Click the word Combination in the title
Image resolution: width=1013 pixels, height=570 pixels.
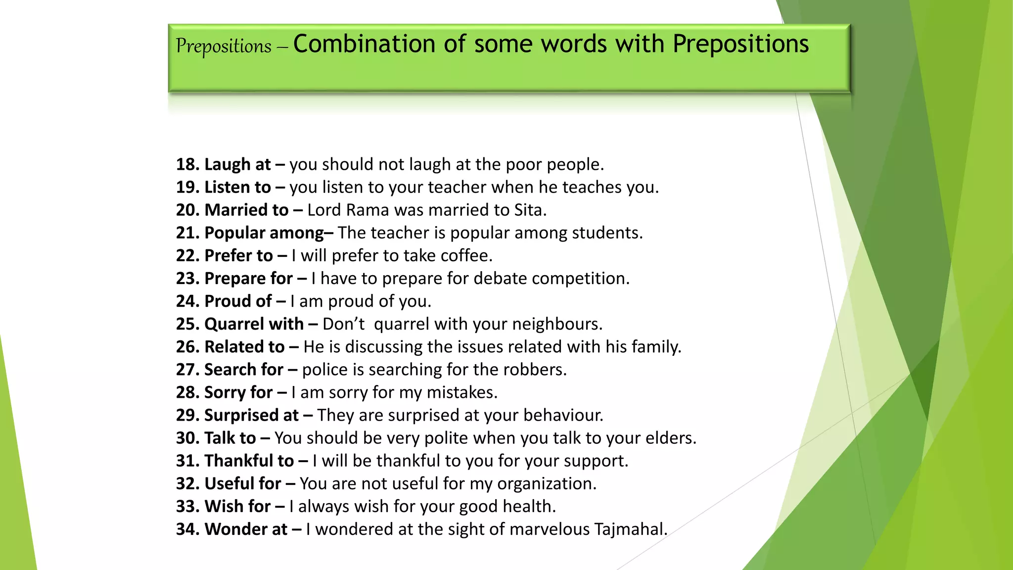(x=364, y=44)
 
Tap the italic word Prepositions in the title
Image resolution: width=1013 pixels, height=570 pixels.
(x=224, y=47)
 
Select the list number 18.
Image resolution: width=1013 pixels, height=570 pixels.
(x=186, y=164)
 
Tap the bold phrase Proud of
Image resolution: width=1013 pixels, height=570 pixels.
(x=238, y=301)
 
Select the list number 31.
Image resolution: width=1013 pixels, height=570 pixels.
(x=186, y=460)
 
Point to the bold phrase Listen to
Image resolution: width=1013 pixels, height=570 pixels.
(x=238, y=187)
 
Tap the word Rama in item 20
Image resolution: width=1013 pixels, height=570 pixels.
(x=368, y=210)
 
